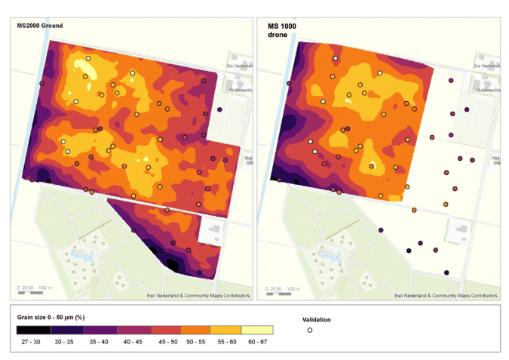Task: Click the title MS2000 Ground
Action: point(40,26)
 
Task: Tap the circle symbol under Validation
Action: point(309,331)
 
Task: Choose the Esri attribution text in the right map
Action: point(446,295)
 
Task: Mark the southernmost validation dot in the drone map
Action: point(446,272)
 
